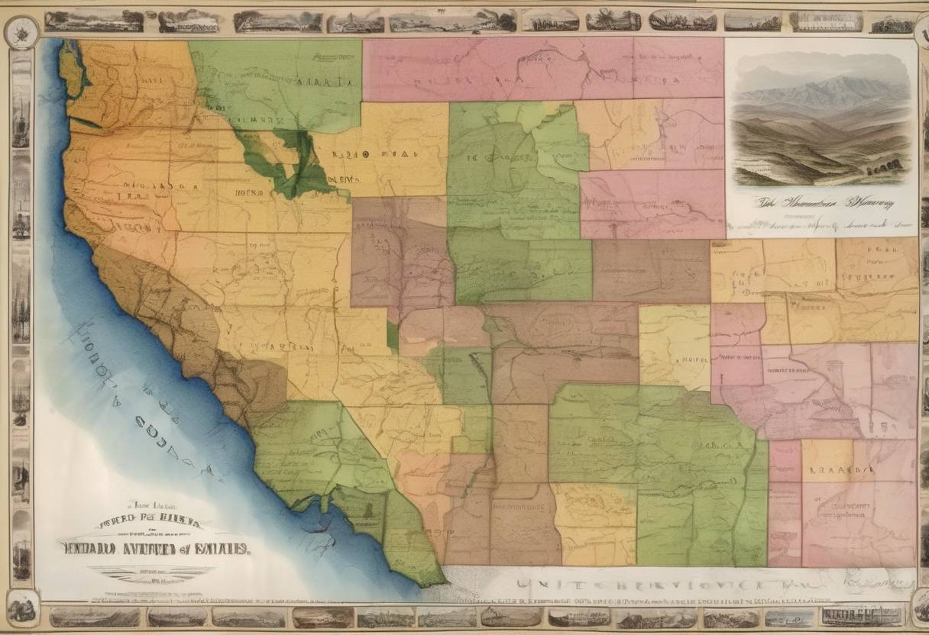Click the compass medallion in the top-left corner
(x=21, y=32)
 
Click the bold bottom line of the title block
(x=157, y=546)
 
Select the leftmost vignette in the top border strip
(x=93, y=21)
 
